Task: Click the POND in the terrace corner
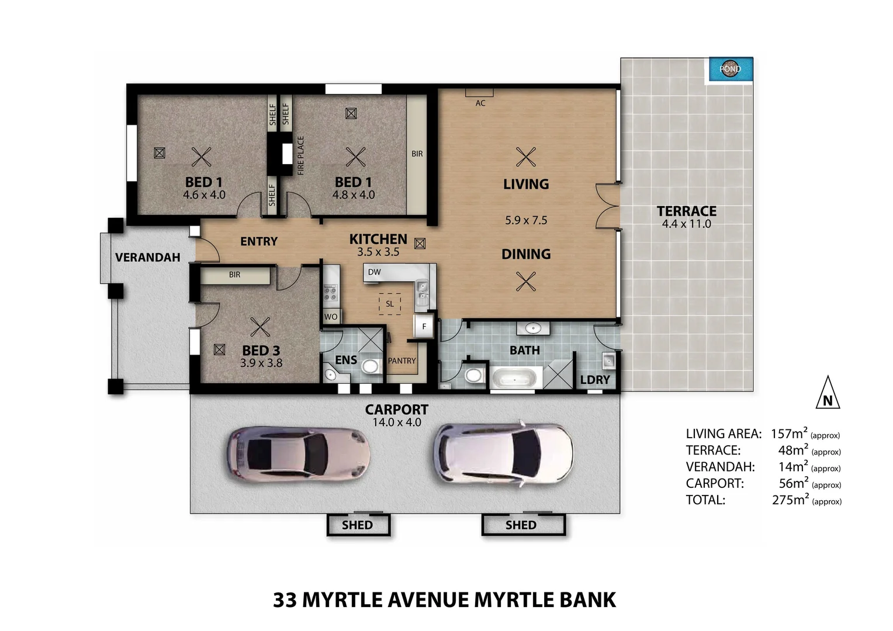click(731, 69)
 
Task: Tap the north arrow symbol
click(828, 393)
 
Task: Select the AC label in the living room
click(480, 103)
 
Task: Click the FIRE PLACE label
click(301, 155)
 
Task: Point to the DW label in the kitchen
click(375, 272)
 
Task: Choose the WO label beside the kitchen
click(331, 317)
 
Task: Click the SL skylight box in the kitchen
click(390, 304)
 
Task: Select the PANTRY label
click(402, 361)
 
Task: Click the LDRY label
click(595, 380)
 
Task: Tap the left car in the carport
click(298, 453)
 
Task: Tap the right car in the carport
click(503, 452)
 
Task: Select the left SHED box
click(358, 525)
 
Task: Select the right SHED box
click(521, 525)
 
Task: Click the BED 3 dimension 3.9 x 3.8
click(261, 363)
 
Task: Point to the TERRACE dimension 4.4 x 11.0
click(686, 224)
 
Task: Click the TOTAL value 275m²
click(790, 500)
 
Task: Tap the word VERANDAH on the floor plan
click(147, 258)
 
